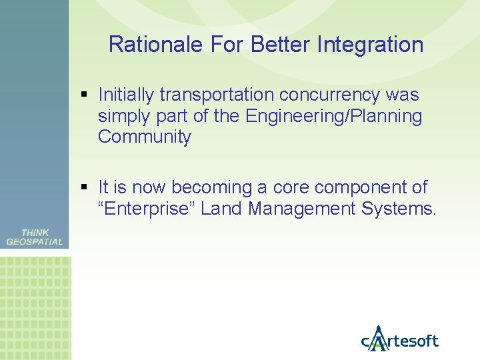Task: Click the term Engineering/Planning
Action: [x=333, y=117]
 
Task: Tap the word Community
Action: [x=145, y=137]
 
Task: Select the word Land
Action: [x=222, y=209]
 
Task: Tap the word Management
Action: [x=303, y=209]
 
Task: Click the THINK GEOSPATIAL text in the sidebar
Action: [x=35, y=237]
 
